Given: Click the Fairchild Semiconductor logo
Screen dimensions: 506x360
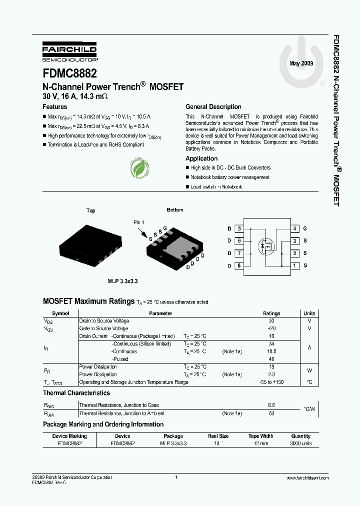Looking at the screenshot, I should (69, 52).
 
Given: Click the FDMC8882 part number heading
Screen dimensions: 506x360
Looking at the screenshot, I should (70, 73).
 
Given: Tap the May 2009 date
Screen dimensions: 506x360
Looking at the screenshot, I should (302, 63).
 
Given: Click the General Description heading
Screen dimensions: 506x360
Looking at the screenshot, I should (213, 107).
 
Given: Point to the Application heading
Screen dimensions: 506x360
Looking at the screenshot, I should (201, 158).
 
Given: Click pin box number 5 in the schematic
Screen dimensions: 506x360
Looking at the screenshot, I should (239, 228).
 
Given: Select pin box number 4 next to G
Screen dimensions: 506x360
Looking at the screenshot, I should (295, 228).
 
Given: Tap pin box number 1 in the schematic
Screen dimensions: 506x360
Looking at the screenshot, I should (295, 265).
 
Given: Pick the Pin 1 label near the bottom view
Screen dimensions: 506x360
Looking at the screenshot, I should (138, 222).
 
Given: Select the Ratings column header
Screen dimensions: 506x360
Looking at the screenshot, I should (271, 313).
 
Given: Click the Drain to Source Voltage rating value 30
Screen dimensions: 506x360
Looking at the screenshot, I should (271, 321).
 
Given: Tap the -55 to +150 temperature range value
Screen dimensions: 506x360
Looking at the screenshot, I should (271, 382).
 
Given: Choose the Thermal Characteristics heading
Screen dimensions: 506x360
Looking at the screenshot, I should (76, 393).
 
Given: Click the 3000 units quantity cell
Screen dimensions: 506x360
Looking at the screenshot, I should (300, 443).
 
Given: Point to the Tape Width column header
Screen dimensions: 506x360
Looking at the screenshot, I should (260, 436).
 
